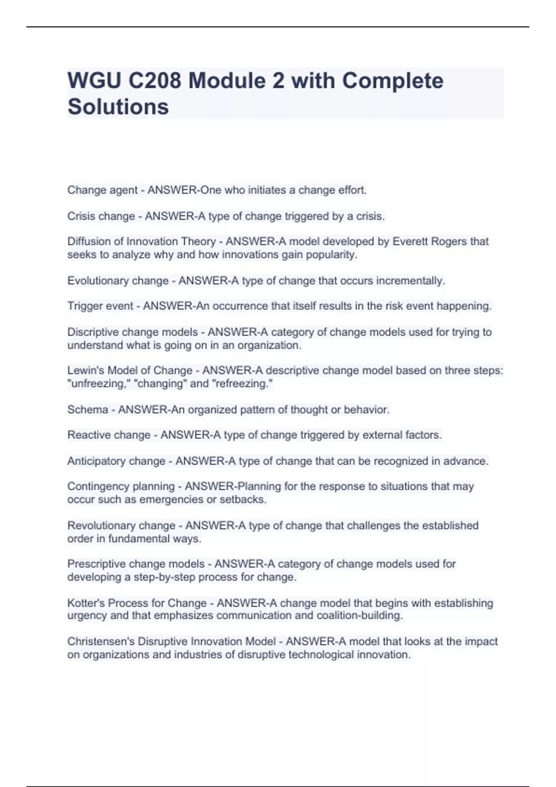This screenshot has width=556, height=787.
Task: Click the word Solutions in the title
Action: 118,106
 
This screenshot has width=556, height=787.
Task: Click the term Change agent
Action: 102,190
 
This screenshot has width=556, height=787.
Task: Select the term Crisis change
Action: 101,216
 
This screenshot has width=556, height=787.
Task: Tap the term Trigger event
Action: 100,306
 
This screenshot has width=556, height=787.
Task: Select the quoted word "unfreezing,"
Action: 98,384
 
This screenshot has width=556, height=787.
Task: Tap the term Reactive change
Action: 109,435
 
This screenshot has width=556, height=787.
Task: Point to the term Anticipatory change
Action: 116,461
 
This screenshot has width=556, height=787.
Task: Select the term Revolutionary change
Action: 121,526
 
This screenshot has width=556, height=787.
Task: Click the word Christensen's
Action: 101,642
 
